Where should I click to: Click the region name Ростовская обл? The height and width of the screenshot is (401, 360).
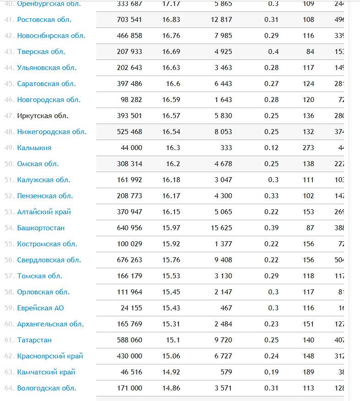point(44,20)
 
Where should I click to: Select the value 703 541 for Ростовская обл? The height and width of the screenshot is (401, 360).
point(130,20)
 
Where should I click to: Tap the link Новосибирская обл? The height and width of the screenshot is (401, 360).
point(51,36)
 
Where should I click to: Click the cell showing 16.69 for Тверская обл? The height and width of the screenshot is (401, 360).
point(171,52)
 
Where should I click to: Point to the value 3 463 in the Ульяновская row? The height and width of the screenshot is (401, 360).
point(223,68)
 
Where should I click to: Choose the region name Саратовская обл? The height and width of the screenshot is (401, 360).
point(46,84)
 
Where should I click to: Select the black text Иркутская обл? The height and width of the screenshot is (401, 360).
point(43,116)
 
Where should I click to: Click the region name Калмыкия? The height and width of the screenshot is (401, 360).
point(34,148)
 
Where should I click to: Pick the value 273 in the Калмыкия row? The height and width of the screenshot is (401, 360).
point(308,148)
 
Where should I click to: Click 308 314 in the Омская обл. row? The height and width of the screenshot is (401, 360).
point(130,164)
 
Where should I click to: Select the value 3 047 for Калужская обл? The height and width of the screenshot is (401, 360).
point(223,180)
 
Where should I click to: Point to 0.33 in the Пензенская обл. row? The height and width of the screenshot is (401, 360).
point(271,196)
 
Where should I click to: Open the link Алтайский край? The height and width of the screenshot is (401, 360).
point(44,212)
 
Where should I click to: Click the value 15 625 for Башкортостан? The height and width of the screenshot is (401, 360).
point(221,228)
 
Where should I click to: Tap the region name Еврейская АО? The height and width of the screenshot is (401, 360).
point(41,308)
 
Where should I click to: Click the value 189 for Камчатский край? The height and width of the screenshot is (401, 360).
point(308,372)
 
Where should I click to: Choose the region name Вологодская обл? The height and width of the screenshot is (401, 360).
point(47,388)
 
